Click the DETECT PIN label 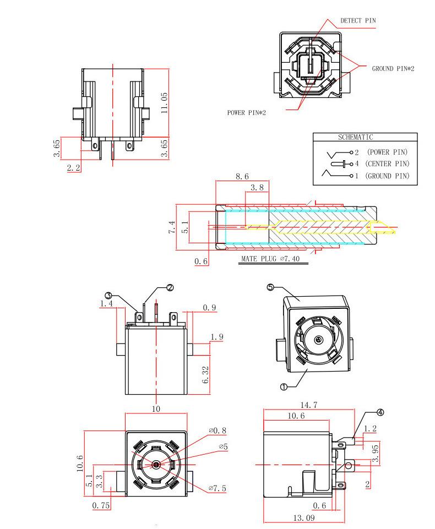click(x=358, y=20)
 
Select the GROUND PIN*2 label click(x=393, y=68)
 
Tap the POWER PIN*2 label click(x=246, y=113)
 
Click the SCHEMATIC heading click(x=355, y=137)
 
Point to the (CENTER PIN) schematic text click(x=387, y=164)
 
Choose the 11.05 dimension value click(x=164, y=103)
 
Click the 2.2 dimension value click(x=74, y=168)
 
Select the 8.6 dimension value click(x=242, y=177)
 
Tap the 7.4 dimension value click(x=172, y=227)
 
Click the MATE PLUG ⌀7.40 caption click(x=270, y=259)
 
